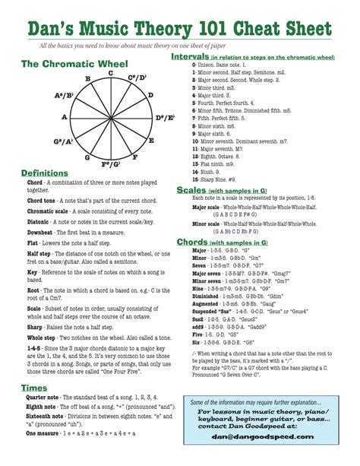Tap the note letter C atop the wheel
111,73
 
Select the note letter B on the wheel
88,80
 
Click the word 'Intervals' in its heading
191,57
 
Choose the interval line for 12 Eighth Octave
224,157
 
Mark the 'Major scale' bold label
211,206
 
